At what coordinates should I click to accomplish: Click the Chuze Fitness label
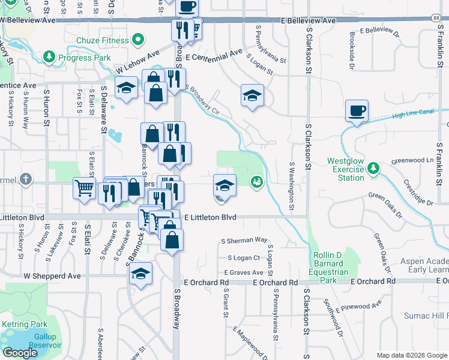coord(103,41)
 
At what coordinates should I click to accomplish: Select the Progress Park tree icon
coord(49,57)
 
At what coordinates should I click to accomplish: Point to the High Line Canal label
coord(413,113)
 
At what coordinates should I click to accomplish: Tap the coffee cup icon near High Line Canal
coord(357,111)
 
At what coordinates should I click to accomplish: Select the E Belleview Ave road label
coord(309,20)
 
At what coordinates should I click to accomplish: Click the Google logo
coord(20,353)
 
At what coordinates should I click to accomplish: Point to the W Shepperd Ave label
coord(52,276)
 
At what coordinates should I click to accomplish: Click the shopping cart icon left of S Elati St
coord(84,188)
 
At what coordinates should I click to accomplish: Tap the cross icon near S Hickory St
coord(25,179)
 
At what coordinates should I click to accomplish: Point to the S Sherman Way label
coord(244,240)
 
